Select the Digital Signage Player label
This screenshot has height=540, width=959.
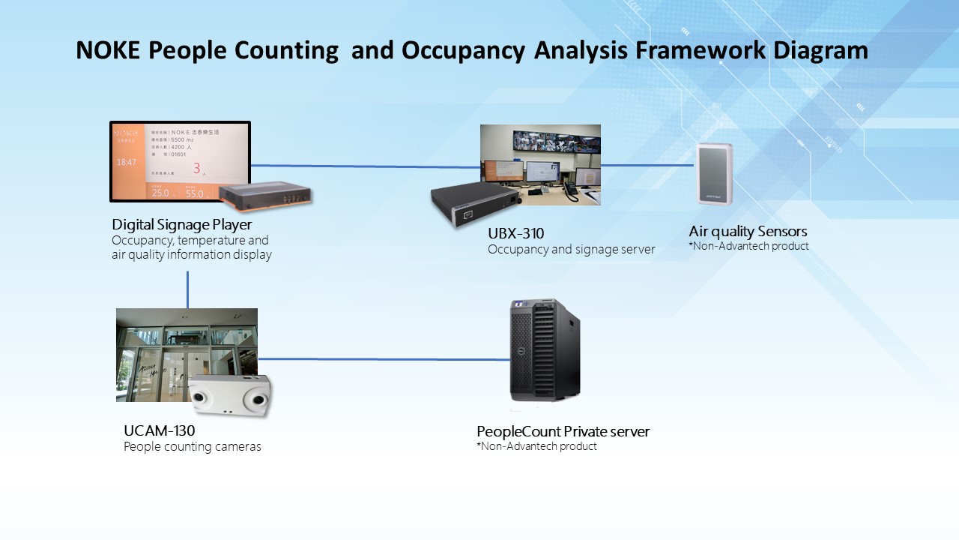[182, 224]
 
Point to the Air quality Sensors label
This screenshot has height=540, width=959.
[748, 231]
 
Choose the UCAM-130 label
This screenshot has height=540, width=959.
[159, 430]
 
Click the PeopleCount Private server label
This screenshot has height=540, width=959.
[563, 431]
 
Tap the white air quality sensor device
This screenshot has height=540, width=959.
[714, 174]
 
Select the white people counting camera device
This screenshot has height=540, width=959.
[229, 394]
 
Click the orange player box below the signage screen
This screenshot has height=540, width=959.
[265, 194]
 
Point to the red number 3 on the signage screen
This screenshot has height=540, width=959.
[197, 168]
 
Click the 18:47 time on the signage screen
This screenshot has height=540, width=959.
[127, 161]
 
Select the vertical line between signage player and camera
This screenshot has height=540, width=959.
[187, 289]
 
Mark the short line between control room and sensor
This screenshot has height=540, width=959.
[647, 165]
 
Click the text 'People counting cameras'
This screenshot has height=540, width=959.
[193, 447]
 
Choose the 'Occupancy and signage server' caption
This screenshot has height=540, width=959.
[571, 249]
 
